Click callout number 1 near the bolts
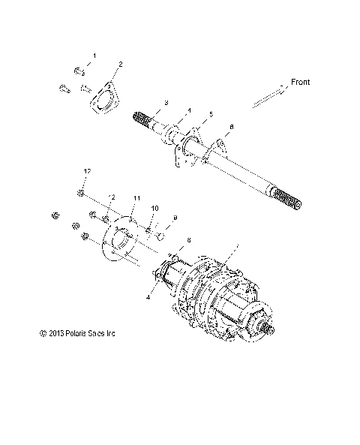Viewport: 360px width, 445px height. [x=94, y=56]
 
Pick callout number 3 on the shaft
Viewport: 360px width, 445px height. [x=166, y=102]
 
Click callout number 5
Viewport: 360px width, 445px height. [x=211, y=114]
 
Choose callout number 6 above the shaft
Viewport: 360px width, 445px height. [x=231, y=128]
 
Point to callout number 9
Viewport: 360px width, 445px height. [x=175, y=218]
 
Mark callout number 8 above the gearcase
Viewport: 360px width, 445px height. [x=188, y=240]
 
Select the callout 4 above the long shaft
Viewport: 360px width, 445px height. [x=189, y=109]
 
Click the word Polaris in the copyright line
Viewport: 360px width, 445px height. [x=79, y=334]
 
